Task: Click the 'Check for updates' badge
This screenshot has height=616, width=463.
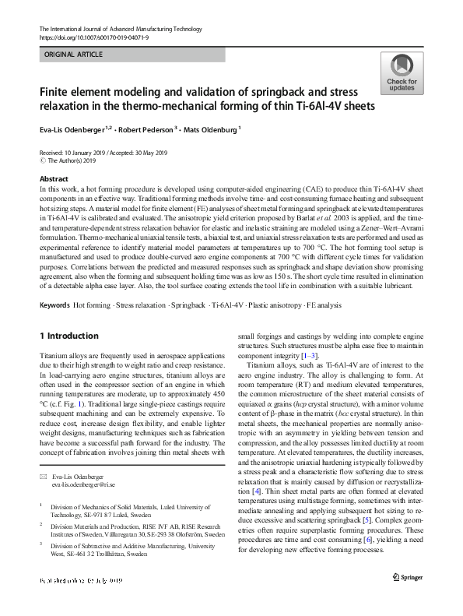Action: coord(401,74)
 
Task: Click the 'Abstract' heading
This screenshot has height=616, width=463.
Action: coord(53,179)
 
